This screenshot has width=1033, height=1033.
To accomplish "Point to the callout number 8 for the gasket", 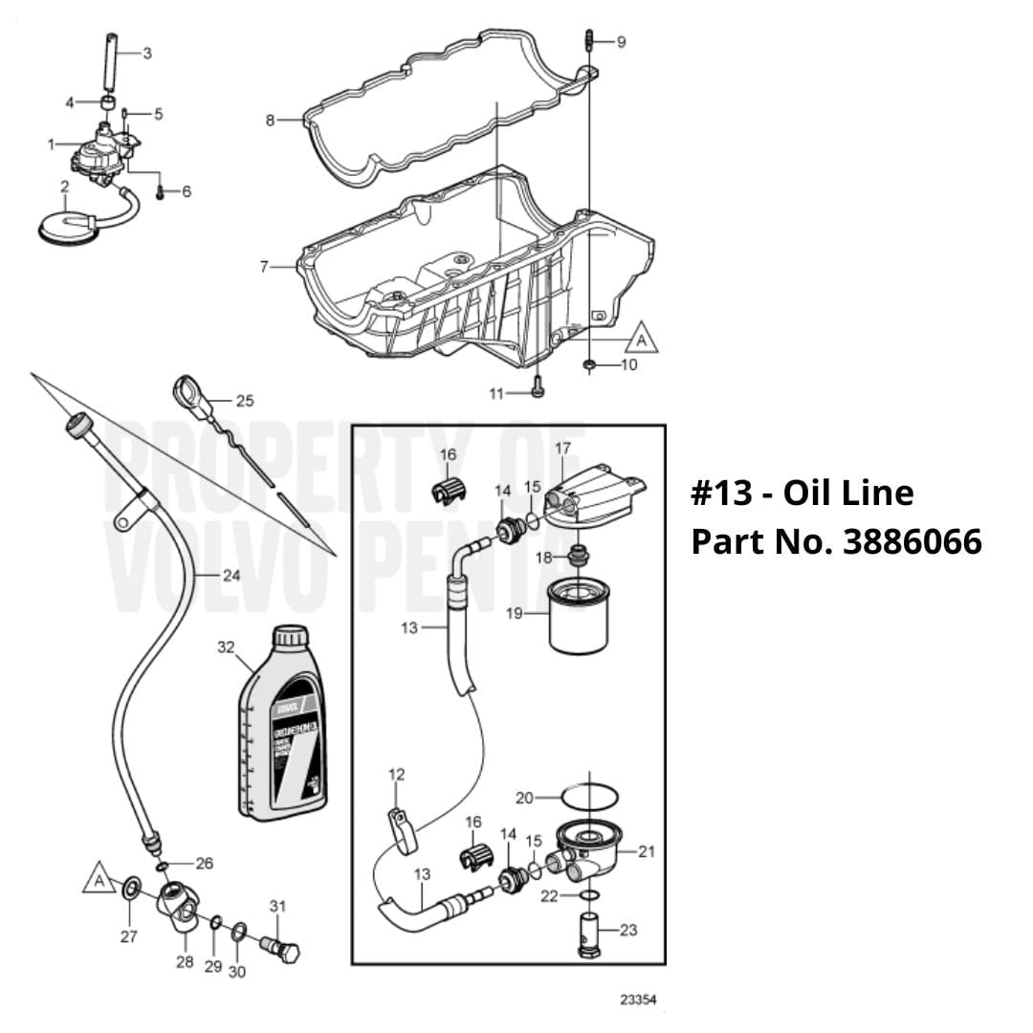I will coord(271,121).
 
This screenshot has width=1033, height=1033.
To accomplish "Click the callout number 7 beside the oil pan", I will coord(264,267).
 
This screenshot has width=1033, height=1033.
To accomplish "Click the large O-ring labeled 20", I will coord(587,796).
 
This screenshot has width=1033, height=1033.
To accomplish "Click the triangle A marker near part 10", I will coord(642,339).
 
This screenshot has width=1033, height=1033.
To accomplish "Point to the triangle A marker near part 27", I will coord(98,878).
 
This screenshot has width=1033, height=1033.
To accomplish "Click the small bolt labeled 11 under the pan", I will coord(538,388).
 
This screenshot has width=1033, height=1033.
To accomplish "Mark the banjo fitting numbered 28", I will coord(178,909).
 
